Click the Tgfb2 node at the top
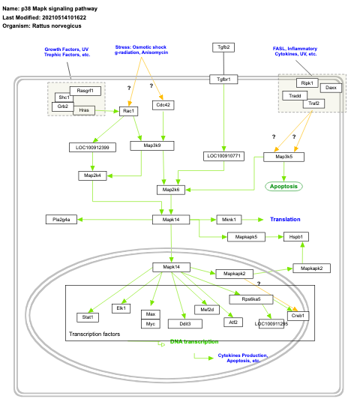pyautogui.click(x=223, y=47)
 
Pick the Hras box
pyautogui.click(x=85, y=110)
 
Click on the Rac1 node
pyautogui.click(x=130, y=111)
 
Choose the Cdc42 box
pyautogui.click(x=163, y=105)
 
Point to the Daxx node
pyautogui.click(x=331, y=88)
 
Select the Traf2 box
pyautogui.click(x=313, y=103)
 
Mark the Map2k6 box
pyautogui.click(x=170, y=190)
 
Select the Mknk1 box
pyautogui.click(x=229, y=220)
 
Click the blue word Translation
pyautogui.click(x=285, y=220)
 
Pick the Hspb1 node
pyautogui.click(x=294, y=236)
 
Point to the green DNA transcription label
pyautogui.click(x=193, y=341)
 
